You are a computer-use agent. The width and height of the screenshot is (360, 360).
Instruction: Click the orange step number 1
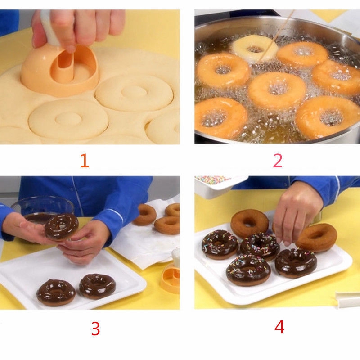coord(85,161)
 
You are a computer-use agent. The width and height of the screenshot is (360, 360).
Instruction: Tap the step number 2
coord(278,161)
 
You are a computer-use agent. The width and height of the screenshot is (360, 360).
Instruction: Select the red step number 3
coord(96,328)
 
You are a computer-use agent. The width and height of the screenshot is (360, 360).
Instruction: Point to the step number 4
coord(279,327)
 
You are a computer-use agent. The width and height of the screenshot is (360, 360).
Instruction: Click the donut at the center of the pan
coord(277,90)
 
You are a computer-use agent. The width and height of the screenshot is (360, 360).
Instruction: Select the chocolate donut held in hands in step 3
coord(61,227)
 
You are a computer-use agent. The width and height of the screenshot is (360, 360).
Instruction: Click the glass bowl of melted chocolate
coord(42,210)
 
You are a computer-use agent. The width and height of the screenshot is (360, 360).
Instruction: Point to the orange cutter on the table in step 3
coord(170,277)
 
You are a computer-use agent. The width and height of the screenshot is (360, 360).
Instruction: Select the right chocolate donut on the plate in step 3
coord(98,286)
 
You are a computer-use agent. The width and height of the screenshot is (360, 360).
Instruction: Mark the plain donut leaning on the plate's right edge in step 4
coord(316,238)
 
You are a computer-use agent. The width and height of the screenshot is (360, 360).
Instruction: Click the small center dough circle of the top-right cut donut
coord(134,93)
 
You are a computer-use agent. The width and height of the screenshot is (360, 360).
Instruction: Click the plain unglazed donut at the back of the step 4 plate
coord(250,223)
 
